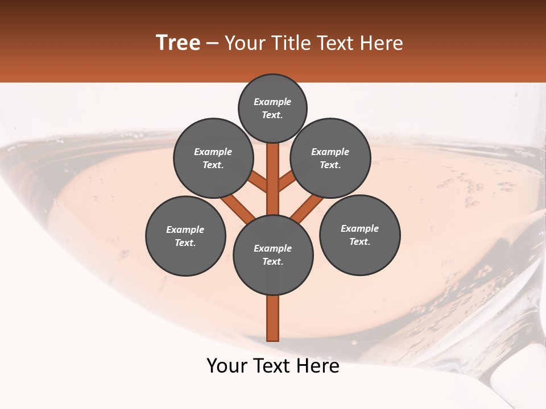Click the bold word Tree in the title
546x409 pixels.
(x=178, y=43)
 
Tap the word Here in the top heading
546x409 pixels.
(x=382, y=43)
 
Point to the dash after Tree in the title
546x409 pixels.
(x=212, y=44)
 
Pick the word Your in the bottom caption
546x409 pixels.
(x=227, y=366)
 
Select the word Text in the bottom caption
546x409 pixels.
(x=271, y=366)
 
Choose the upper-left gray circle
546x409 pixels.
(x=213, y=158)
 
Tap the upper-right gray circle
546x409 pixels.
(x=330, y=158)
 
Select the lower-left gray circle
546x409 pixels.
(x=185, y=236)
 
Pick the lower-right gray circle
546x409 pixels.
(x=360, y=235)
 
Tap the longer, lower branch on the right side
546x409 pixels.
(x=307, y=208)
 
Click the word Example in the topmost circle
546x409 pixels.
(x=272, y=102)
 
